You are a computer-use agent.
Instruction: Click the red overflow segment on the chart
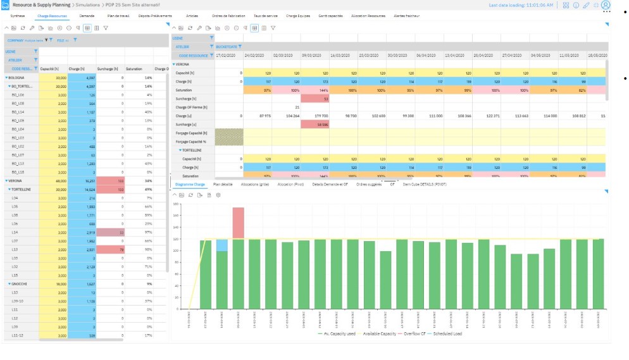coord(239,223)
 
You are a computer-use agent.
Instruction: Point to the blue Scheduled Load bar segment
coord(222,245)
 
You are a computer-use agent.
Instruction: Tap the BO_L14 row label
coord(18,111)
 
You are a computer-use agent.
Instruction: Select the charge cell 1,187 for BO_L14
coord(80,111)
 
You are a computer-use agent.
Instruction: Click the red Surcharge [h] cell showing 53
coord(314,99)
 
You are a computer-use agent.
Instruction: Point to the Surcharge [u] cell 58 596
coord(314,125)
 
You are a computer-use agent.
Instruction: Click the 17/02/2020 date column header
coord(227,55)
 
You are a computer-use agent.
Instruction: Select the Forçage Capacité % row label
coord(192,142)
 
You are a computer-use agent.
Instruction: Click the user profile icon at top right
coord(606,5)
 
